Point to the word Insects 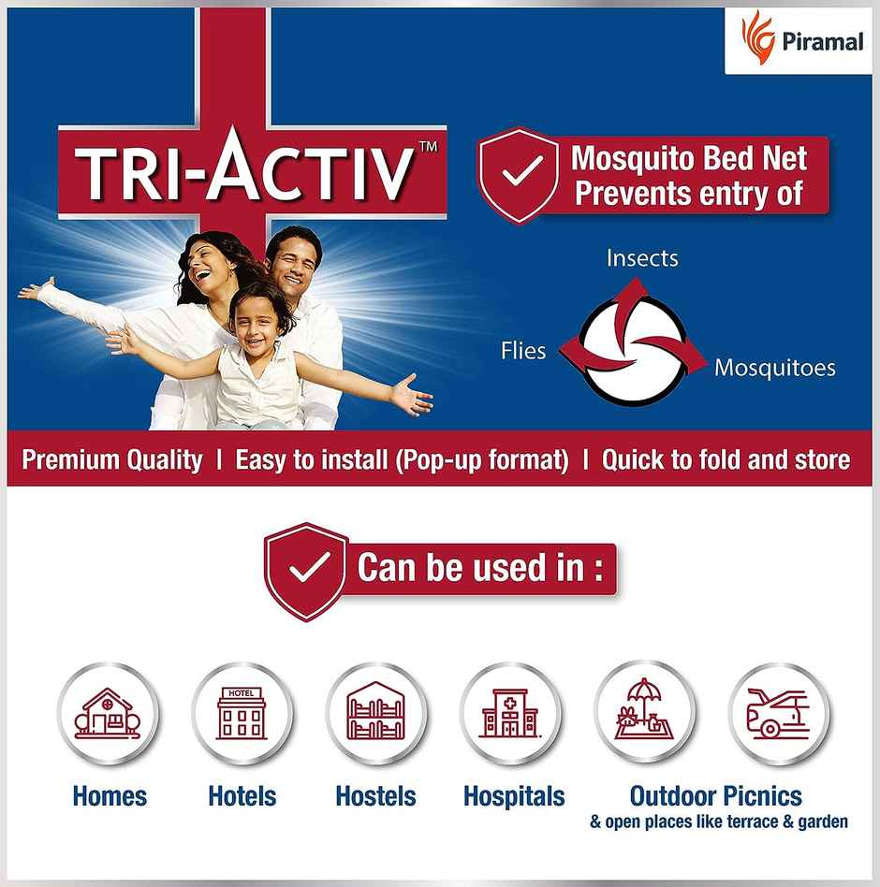pos(642,257)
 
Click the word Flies pos(523,351)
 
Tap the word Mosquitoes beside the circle pos(775,368)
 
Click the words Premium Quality pos(112,460)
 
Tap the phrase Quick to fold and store pos(726,460)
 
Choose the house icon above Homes pos(108,714)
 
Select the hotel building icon pos(242,714)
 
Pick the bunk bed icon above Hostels pos(375,714)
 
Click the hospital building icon pos(509,714)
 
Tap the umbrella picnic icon pos(644,714)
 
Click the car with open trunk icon pos(778,714)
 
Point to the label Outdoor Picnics pos(716,796)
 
